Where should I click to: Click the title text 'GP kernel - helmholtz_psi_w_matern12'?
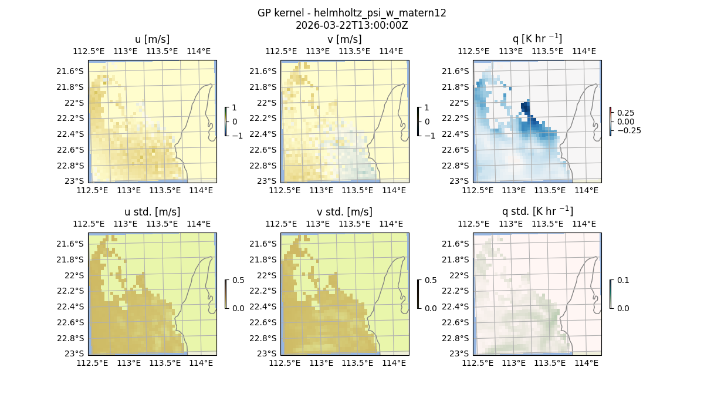tap(351, 13)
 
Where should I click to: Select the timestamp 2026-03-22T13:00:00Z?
tap(351, 25)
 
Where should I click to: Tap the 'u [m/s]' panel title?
tap(152, 39)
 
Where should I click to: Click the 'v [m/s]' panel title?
tap(344, 39)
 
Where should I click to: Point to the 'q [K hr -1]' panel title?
tap(537, 39)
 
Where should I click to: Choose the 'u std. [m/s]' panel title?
tap(152, 212)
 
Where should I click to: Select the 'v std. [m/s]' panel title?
tap(344, 212)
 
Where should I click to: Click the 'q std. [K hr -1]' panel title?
tap(537, 211)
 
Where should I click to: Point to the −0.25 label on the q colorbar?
tap(628, 130)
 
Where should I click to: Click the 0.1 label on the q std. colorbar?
tap(622, 280)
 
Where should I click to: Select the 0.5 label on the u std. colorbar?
tap(238, 280)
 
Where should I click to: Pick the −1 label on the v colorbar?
tap(429, 135)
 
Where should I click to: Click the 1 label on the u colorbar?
tap(235, 107)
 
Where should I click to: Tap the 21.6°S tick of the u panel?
tap(73, 71)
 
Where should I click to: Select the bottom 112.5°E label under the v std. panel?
tap(285, 363)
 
